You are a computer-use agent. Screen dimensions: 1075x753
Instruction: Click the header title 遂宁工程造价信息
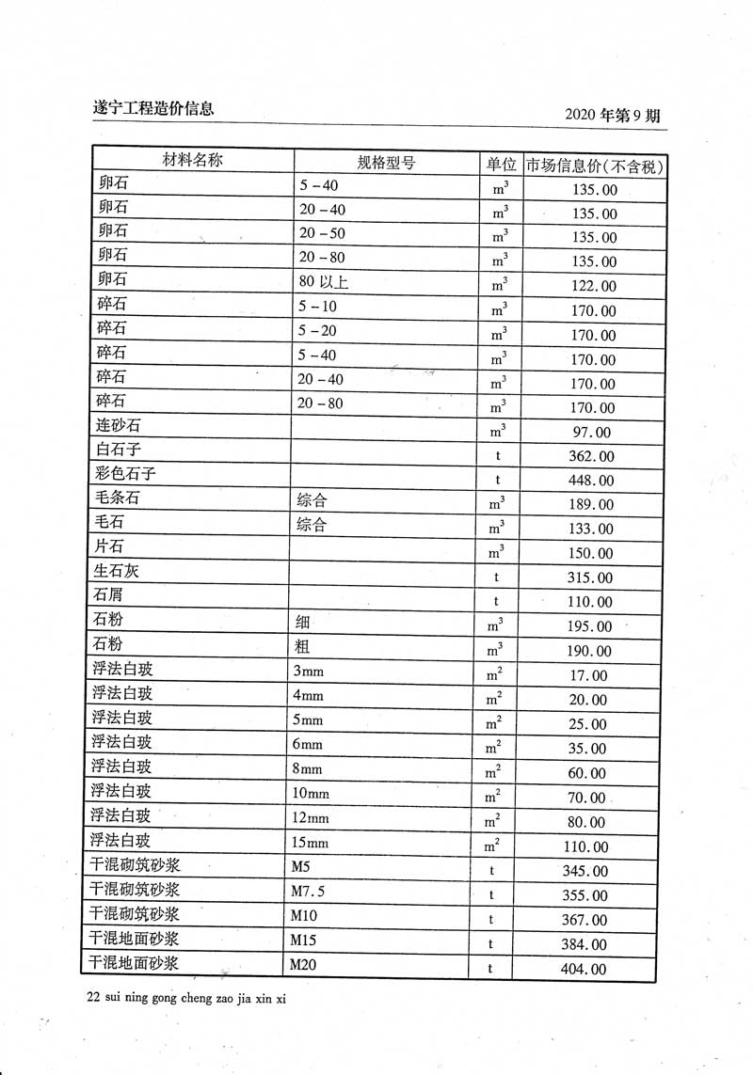(147, 108)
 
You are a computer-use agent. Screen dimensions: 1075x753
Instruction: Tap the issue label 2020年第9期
(612, 115)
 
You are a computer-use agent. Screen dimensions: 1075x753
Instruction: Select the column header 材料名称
(193, 161)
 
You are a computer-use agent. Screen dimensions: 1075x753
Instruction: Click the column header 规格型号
(386, 163)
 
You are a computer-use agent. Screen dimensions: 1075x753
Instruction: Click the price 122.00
(594, 287)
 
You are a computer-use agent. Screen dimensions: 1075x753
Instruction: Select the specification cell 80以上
(325, 281)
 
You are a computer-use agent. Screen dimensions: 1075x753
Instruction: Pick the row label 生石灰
(117, 572)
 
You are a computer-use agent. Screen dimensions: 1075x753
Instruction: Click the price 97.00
(591, 433)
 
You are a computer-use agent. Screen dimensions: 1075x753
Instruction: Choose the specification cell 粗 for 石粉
(304, 646)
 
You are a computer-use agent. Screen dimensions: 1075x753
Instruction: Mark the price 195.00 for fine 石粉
(591, 627)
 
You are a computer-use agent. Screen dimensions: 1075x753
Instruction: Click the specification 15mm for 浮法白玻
(312, 842)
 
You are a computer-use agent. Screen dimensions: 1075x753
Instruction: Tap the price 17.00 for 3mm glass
(589, 676)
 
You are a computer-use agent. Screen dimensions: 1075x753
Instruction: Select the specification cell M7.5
(308, 891)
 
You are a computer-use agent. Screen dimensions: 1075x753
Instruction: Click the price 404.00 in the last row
(585, 970)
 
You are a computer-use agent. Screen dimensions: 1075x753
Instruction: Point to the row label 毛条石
(118, 499)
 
